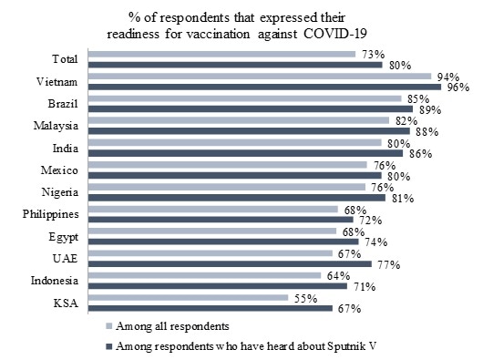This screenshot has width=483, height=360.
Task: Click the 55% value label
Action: point(302,296)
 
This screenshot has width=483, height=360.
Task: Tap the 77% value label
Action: point(386,264)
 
